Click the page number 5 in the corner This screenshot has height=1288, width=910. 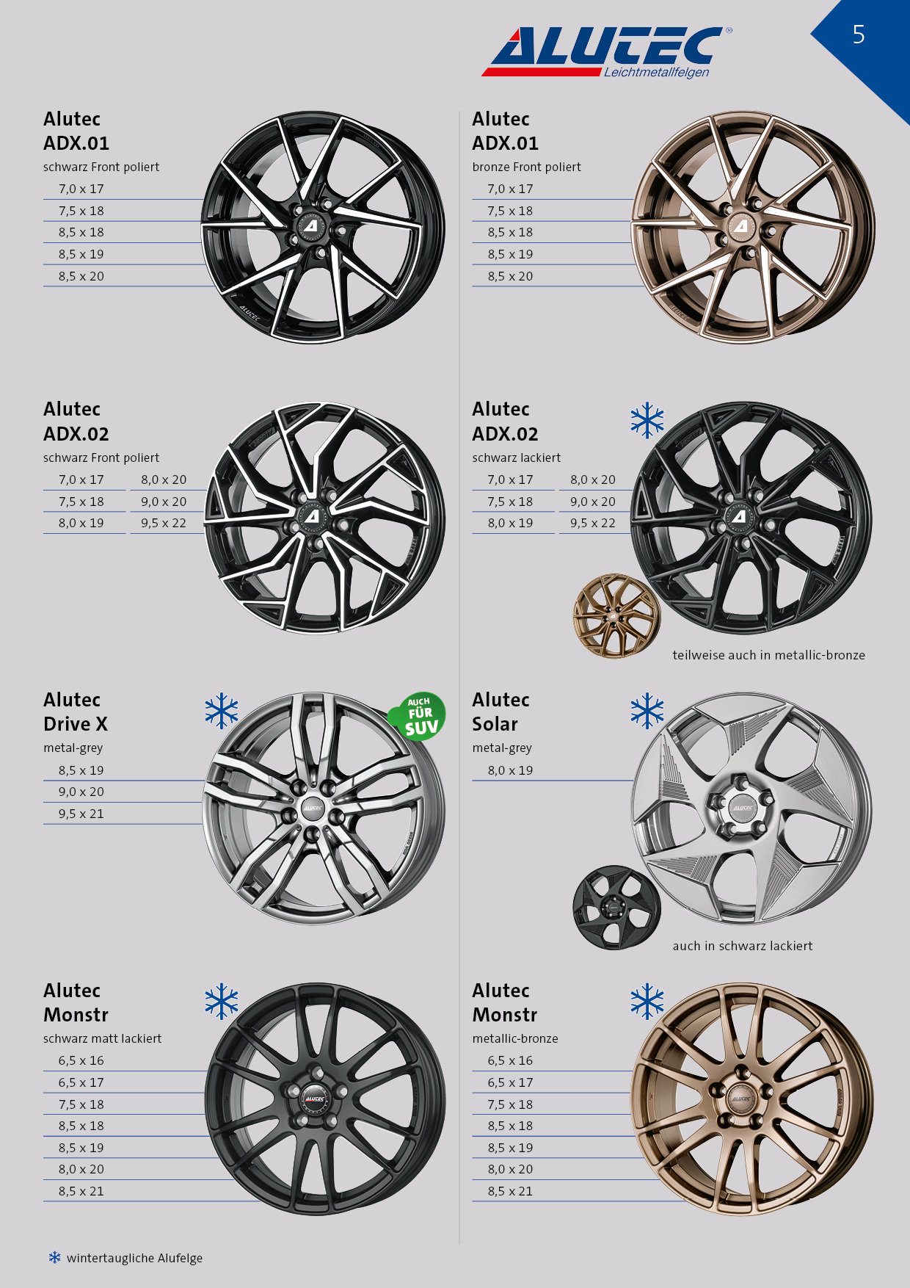coord(859,35)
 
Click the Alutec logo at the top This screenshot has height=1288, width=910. coord(606,52)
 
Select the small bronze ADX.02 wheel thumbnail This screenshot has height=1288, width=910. coord(616,616)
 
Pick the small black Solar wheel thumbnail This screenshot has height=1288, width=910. coord(616,908)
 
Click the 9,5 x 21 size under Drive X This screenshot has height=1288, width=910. coord(81,814)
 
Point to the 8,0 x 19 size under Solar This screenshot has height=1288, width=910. coord(510,770)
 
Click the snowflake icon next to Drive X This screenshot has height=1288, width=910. coord(222,711)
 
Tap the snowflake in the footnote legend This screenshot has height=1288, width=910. coord(55,1257)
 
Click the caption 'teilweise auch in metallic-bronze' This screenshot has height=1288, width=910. coord(768,655)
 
